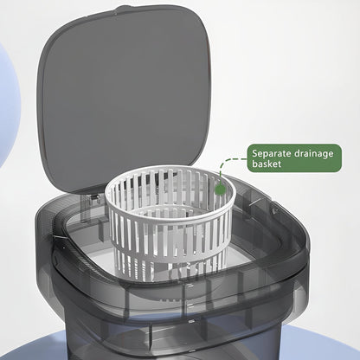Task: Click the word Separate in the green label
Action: coord(272,153)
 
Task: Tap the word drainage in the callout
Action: coord(313,154)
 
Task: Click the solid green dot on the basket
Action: coord(220,190)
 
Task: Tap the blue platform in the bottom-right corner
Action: coord(320,344)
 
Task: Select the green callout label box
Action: coord(294,158)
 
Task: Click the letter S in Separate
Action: coord(254,153)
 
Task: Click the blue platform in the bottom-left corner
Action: coord(32,346)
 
